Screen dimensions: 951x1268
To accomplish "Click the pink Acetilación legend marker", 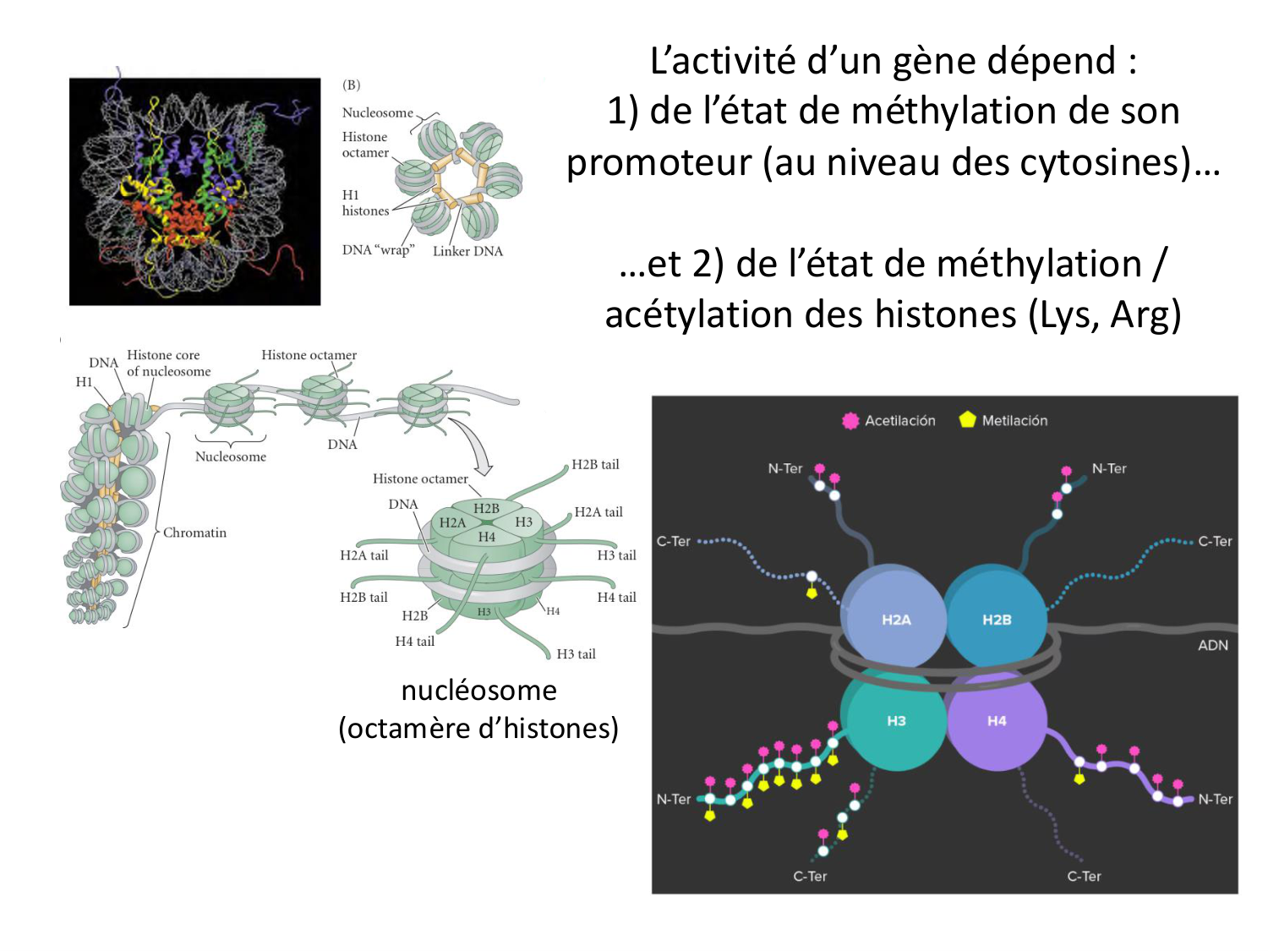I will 850,420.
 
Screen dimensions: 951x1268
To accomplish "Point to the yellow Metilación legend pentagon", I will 967,419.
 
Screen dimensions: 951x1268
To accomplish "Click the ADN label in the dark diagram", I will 1212,645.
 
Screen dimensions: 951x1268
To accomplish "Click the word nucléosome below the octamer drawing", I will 478,690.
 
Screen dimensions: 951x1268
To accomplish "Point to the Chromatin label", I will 194,533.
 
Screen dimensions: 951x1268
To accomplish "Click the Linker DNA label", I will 467,251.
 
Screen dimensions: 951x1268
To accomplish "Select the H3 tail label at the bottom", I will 576,653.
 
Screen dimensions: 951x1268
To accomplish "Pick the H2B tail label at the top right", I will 595,464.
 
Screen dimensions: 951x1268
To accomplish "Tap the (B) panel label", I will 352,85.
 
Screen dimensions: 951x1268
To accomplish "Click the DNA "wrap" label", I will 378,249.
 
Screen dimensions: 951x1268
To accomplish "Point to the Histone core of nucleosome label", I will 167,363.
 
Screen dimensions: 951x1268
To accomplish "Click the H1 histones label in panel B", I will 365,203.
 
